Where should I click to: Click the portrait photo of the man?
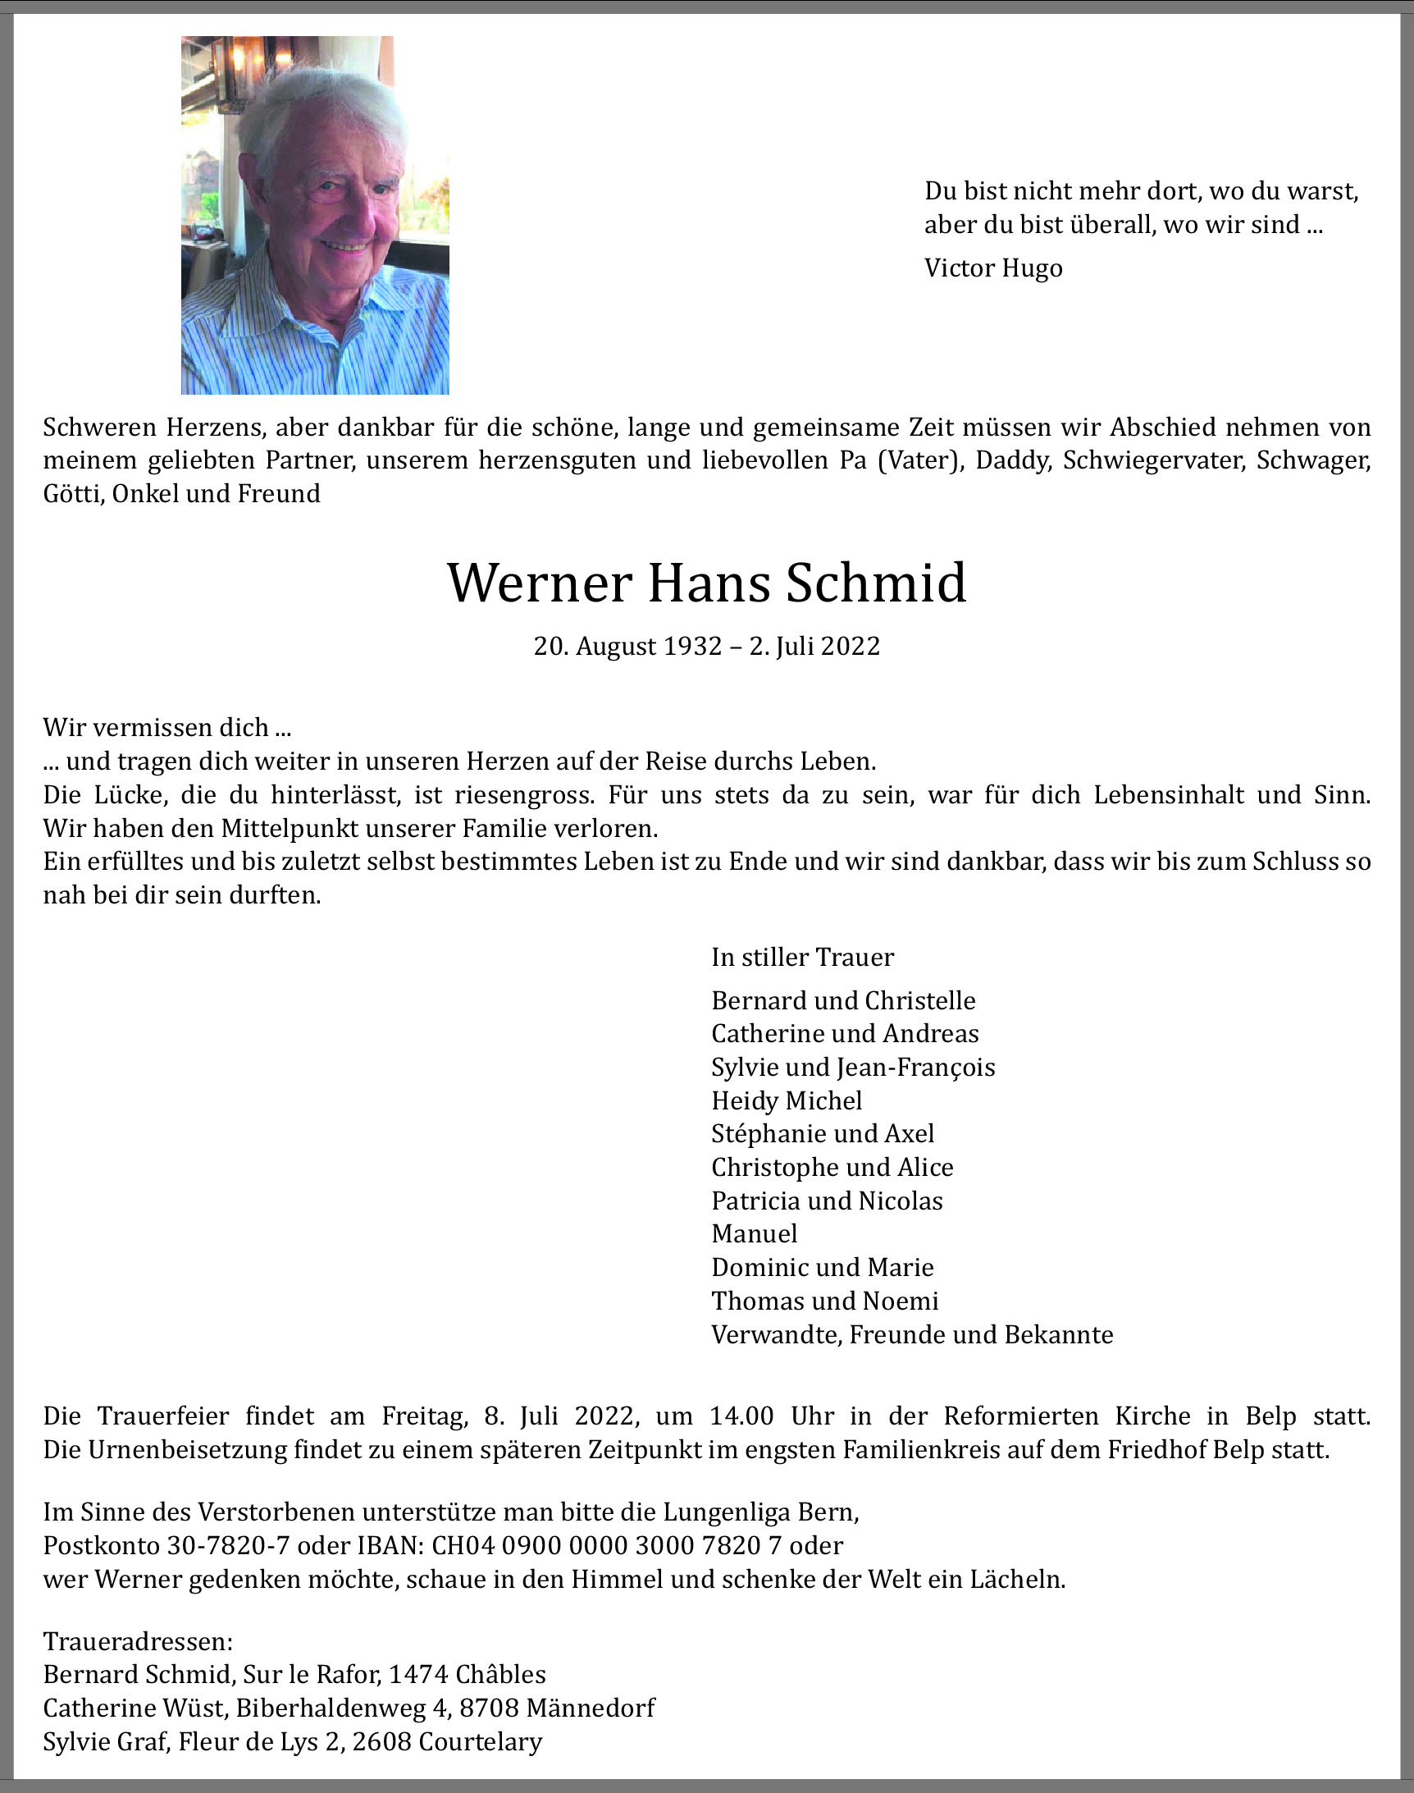click(315, 215)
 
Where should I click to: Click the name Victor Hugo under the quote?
click(992, 268)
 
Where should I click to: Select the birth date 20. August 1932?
click(627, 646)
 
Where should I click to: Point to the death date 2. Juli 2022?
click(814, 646)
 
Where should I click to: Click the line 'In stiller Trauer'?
click(802, 958)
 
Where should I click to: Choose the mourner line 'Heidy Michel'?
click(787, 1100)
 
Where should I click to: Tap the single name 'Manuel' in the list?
click(755, 1234)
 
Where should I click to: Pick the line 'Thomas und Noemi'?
click(824, 1301)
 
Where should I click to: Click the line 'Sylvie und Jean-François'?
click(853, 1067)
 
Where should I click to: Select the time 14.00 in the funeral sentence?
click(741, 1416)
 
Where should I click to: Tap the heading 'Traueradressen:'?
click(138, 1641)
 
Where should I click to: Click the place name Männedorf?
click(591, 1708)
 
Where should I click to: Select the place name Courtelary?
click(480, 1741)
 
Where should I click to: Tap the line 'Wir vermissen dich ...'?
click(167, 728)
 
